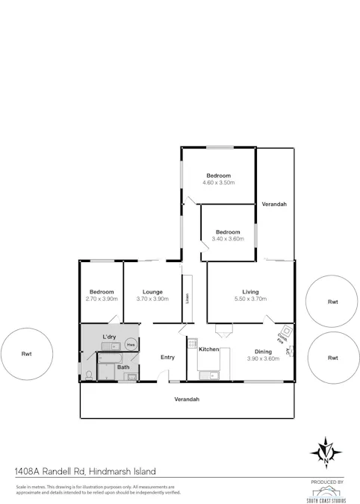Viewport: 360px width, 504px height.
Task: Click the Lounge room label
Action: [152, 292]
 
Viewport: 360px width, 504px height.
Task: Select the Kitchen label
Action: [208, 349]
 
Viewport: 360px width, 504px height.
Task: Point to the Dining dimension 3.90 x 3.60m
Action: [263, 358]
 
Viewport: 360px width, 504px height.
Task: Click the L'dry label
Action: [109, 337]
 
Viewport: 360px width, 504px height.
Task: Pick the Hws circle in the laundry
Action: [131, 345]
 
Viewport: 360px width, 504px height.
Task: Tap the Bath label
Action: [123, 367]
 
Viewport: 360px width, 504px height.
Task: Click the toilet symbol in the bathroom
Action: [88, 376]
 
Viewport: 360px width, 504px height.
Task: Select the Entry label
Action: [167, 357]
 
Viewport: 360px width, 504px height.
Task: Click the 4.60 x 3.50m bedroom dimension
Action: [220, 182]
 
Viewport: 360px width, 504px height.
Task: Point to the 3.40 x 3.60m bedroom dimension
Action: [227, 238]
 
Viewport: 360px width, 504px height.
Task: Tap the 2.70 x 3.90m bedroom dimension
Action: [102, 299]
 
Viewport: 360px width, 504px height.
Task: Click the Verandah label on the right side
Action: [274, 204]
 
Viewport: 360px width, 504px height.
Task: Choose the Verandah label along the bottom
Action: [187, 399]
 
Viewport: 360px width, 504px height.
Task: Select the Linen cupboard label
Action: [187, 297]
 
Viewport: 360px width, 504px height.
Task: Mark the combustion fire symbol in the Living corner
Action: [285, 333]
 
